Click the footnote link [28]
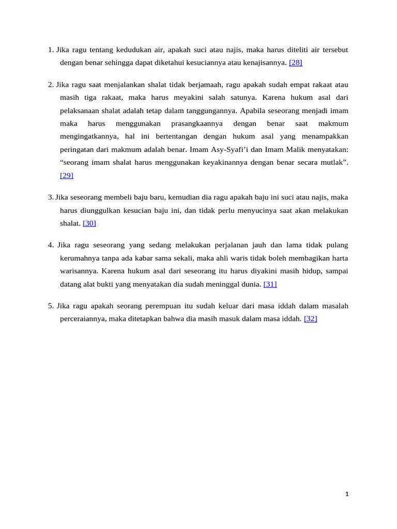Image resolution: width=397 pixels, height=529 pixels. [x=296, y=63]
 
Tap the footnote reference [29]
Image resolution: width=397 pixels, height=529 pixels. [x=67, y=175]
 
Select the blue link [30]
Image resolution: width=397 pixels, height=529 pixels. [x=89, y=223]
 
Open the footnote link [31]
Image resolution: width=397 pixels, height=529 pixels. [x=270, y=284]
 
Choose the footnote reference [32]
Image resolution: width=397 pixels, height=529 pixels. [x=311, y=319]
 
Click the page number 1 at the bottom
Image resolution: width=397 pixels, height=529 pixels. [x=347, y=494]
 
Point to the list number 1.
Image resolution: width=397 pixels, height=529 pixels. [x=50, y=50]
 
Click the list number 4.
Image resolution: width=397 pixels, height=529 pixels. [x=50, y=245]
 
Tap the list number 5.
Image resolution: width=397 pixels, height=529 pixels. [x=50, y=306]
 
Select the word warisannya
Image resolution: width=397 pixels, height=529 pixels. [x=79, y=271]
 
